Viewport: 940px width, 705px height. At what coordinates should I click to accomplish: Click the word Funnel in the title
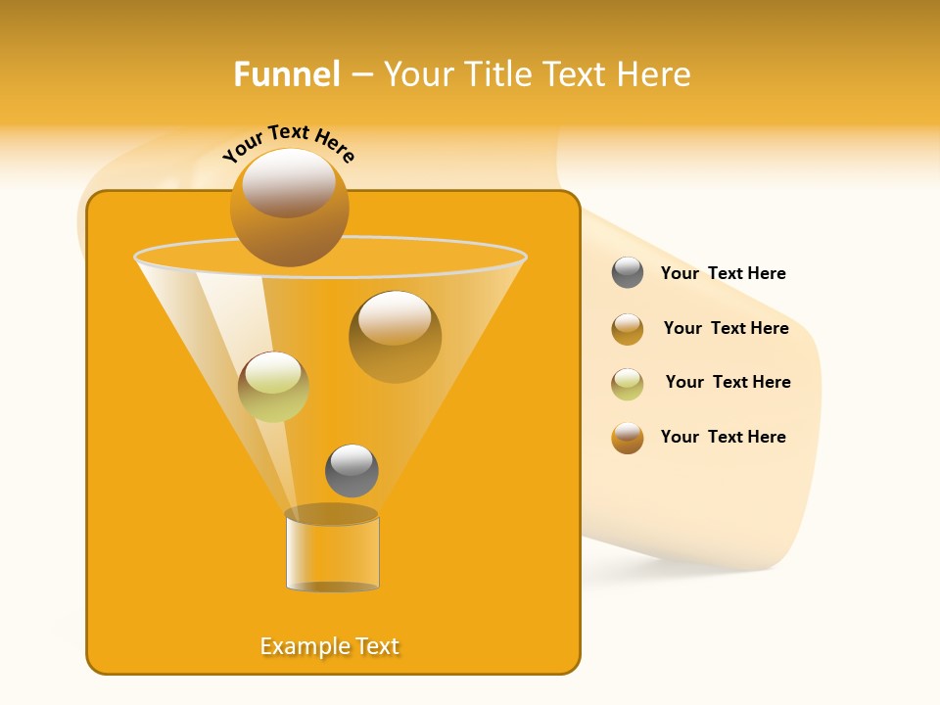tap(287, 73)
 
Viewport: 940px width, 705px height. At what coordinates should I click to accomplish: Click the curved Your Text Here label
tap(289, 143)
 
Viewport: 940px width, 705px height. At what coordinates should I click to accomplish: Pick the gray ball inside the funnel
tap(352, 471)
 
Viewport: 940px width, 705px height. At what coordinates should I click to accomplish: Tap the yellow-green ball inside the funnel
tap(273, 387)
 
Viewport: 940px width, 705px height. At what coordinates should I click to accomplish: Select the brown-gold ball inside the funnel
tap(395, 337)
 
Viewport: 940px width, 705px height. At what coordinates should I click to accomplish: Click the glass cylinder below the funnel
tap(332, 553)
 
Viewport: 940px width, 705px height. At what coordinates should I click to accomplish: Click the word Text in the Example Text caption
tap(376, 646)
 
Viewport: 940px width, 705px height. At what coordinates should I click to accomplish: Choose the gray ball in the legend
tap(628, 273)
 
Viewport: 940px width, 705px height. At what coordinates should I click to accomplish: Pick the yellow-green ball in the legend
tap(628, 384)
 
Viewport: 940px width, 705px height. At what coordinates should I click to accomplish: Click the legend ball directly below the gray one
tap(628, 329)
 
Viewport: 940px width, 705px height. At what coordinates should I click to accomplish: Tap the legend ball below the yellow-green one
tap(628, 438)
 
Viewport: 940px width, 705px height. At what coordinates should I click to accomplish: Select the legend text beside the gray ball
tap(723, 273)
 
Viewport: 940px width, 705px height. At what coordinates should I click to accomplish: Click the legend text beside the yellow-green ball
tap(728, 382)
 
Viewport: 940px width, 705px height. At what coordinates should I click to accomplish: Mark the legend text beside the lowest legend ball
tap(723, 437)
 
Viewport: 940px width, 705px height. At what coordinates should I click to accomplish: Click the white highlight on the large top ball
tap(289, 182)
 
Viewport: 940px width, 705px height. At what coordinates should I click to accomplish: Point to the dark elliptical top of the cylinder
tap(331, 514)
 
